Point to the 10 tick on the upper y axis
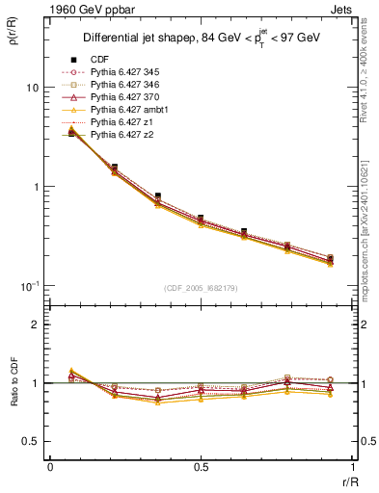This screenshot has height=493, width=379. pos(32,88)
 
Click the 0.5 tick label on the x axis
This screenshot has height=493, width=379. pos(202,467)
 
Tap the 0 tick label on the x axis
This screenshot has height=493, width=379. pos(49,467)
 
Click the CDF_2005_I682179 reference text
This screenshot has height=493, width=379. pos(202,288)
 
